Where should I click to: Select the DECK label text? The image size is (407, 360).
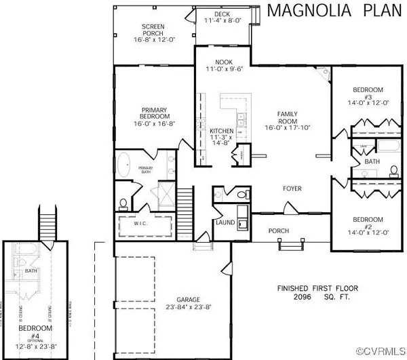(222, 14)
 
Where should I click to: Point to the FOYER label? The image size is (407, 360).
(292, 188)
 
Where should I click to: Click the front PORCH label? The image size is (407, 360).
(279, 231)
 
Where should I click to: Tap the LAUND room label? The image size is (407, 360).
(225, 222)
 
